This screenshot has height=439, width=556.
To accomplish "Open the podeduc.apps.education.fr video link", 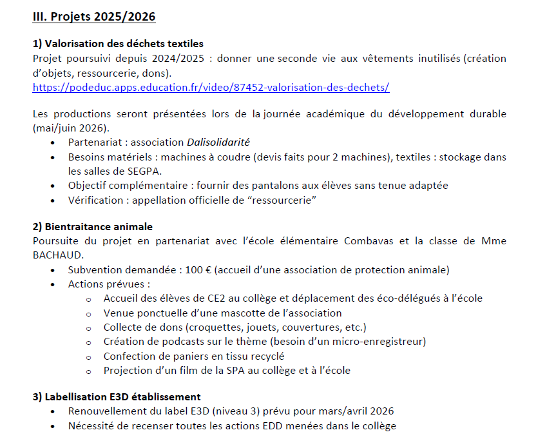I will (x=211, y=86).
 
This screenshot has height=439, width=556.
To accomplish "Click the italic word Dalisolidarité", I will (x=218, y=142).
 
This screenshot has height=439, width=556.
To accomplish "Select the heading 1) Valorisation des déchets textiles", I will (x=118, y=44).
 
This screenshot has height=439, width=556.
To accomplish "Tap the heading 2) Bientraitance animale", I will (x=92, y=227).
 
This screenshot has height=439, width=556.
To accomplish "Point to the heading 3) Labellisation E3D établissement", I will (x=117, y=397).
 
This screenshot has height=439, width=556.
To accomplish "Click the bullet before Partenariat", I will (x=52, y=142).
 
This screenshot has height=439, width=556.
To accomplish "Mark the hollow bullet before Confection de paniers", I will (x=88, y=356).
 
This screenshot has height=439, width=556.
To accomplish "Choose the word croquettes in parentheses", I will (x=218, y=327).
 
